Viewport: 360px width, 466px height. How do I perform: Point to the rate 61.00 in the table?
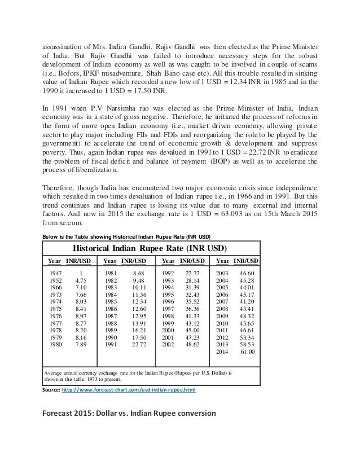(x=249, y=351)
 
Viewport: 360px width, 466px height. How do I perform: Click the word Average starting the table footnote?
(x=56, y=373)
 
